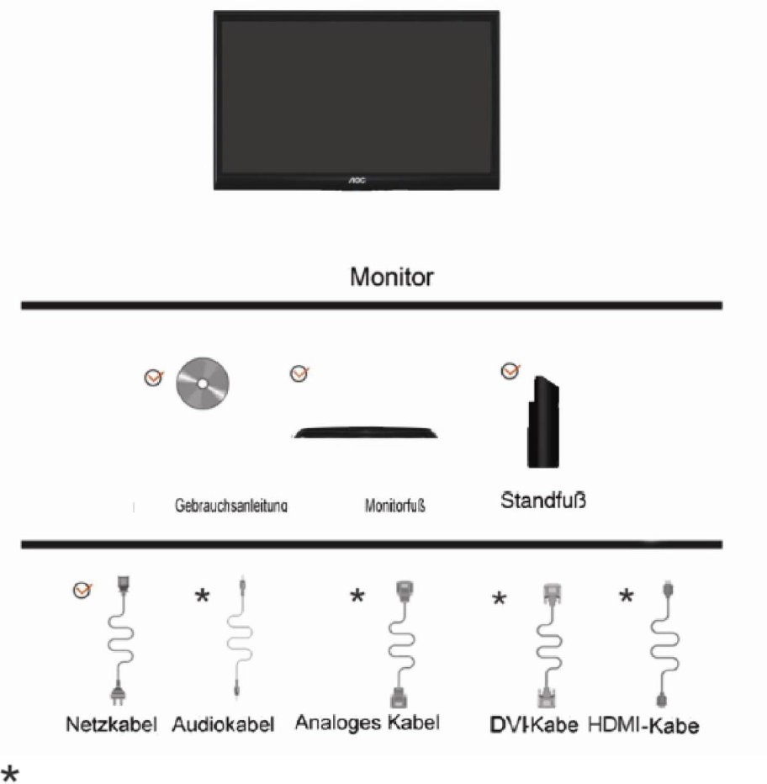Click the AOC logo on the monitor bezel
point(357,181)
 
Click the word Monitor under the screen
point(392,277)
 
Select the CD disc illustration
point(203,384)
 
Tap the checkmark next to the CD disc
point(154,378)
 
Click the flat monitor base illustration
point(365,432)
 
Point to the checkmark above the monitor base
point(299,373)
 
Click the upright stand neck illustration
point(543,421)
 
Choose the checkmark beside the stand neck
point(510,371)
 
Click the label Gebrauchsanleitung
point(231,506)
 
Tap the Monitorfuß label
point(395,506)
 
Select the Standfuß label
point(543,501)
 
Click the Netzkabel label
point(112,724)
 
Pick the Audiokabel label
point(223,724)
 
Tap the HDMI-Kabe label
point(643,725)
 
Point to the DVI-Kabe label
point(533,725)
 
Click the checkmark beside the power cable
point(82,590)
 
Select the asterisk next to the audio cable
point(202,596)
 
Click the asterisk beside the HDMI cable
point(626,596)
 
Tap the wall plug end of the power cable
point(118,695)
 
